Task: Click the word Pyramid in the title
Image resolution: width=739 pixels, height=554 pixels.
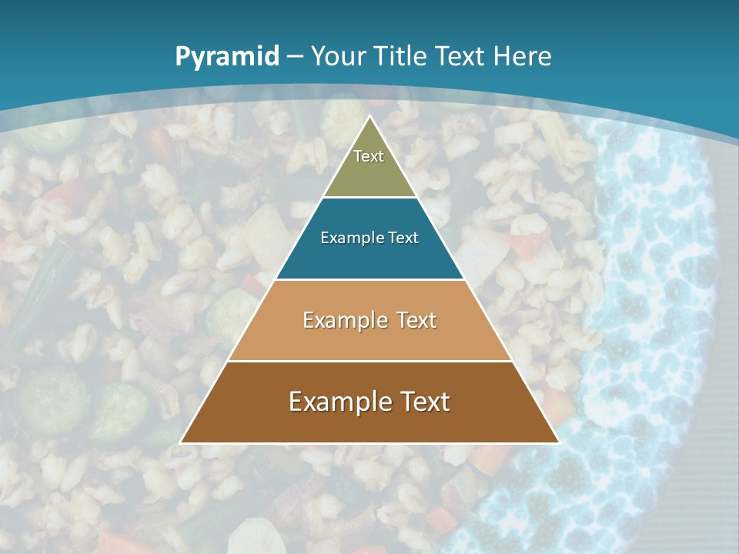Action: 226,57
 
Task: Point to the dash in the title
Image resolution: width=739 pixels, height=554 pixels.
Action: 295,57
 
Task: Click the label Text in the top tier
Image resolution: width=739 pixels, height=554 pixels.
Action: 369,156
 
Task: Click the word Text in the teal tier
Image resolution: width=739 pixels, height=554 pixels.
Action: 403,238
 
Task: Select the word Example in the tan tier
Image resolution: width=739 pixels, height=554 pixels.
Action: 344,320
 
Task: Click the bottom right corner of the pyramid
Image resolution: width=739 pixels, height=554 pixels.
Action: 558,442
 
